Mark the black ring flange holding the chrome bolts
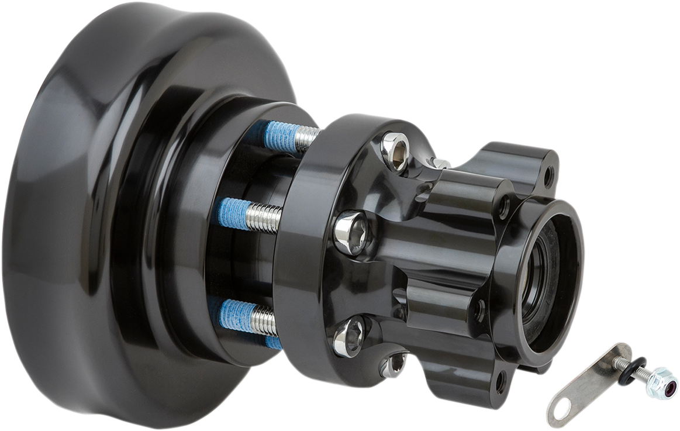coord(307,263)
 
